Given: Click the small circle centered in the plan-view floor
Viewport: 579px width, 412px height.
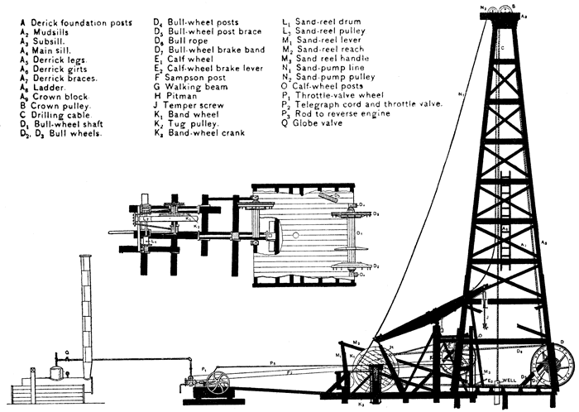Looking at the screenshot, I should (x=294, y=234).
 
